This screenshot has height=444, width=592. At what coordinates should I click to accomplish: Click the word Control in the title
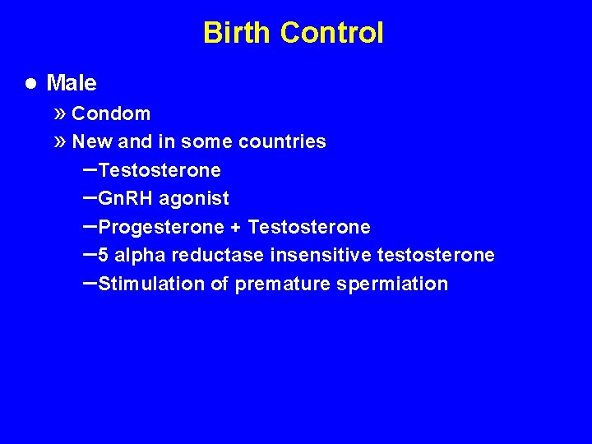coord(331,33)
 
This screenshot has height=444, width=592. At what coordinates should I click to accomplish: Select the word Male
coord(72,83)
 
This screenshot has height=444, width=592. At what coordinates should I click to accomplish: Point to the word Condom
coord(111,113)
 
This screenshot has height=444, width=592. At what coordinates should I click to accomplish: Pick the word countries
coord(282,141)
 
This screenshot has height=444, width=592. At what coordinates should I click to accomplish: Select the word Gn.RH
coord(126,198)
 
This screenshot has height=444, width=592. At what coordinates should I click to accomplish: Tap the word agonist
coord(194,198)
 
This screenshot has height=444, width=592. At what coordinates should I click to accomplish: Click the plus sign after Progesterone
coord(235,227)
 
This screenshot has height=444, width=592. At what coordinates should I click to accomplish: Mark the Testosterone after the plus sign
coord(309,227)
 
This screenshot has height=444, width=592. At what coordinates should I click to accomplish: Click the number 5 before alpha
coord(104,256)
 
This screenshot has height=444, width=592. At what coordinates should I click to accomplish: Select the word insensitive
coord(321,256)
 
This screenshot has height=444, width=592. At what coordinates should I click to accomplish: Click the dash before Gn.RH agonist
coord(89,197)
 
